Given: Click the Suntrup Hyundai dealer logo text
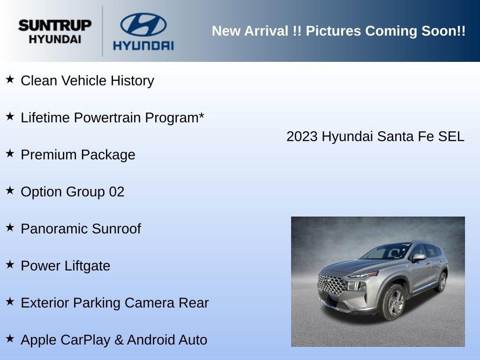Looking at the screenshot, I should pyautogui.click(x=55, y=31).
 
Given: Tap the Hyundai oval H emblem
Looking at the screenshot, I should pyautogui.click(x=143, y=25).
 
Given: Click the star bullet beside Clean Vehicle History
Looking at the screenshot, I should pyautogui.click(x=10, y=79).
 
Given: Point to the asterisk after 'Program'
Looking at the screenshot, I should pyautogui.click(x=201, y=116).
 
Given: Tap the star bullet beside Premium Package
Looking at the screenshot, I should pyautogui.click(x=10, y=153).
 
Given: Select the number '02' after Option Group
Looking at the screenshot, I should pyautogui.click(x=117, y=192).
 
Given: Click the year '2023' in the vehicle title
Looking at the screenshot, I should pyautogui.click(x=302, y=136).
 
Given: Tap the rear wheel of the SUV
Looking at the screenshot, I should pyautogui.click(x=442, y=282).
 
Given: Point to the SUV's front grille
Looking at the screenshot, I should pyautogui.click(x=331, y=285).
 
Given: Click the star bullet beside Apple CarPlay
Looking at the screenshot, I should pyautogui.click(x=10, y=338).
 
